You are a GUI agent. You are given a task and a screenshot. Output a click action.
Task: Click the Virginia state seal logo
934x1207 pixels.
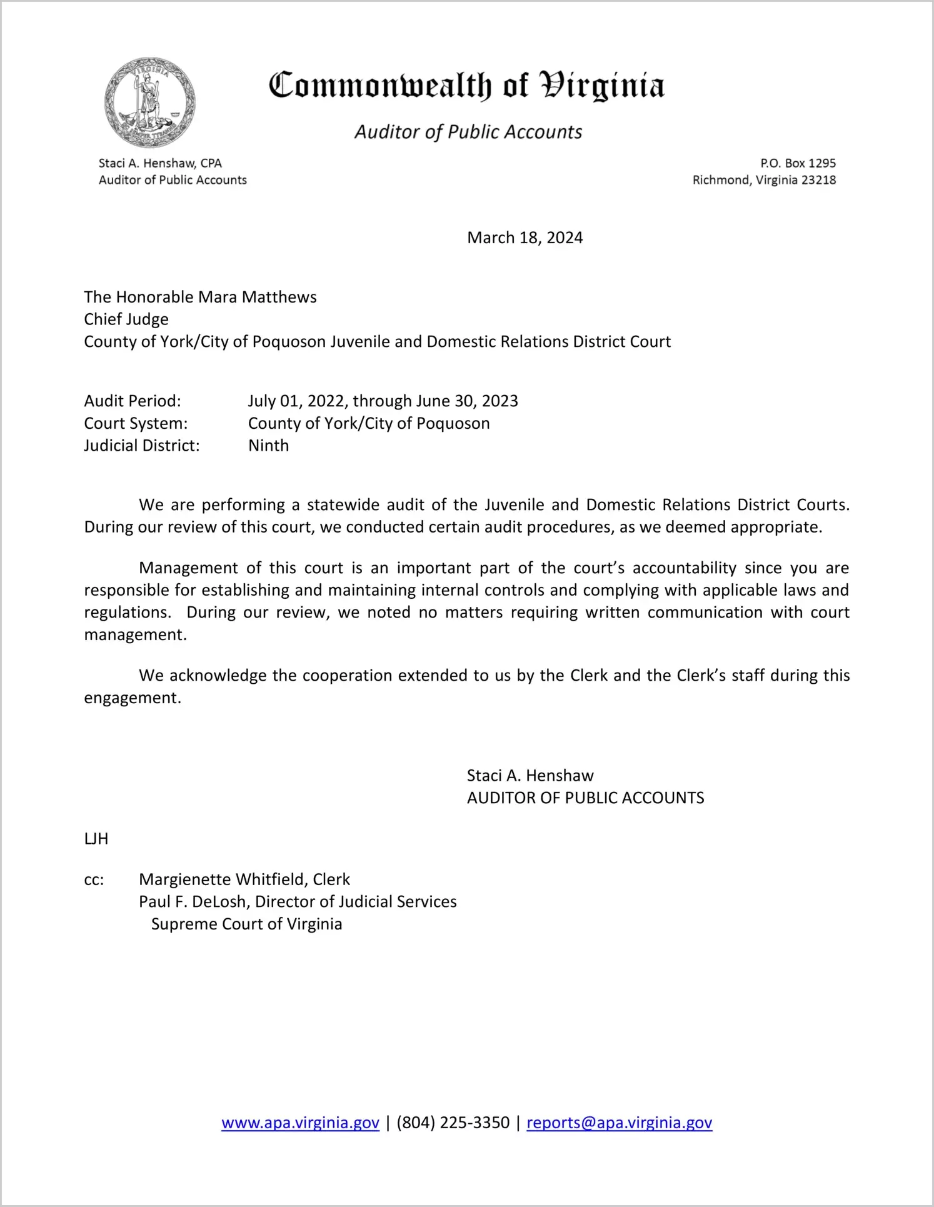(150, 102)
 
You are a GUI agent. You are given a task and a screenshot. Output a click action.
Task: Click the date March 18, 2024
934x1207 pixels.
(525, 238)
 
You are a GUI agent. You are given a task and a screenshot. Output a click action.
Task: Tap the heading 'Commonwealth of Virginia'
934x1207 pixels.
(466, 86)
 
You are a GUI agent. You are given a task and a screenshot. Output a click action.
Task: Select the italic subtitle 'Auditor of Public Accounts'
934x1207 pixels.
(468, 132)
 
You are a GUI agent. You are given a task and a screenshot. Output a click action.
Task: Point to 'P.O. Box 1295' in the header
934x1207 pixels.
(798, 163)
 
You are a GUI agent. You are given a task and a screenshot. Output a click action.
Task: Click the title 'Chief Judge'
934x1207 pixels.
(126, 319)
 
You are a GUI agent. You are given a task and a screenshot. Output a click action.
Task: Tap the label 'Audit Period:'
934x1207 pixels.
(133, 401)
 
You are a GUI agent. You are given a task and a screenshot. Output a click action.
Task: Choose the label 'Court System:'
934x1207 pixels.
(136, 423)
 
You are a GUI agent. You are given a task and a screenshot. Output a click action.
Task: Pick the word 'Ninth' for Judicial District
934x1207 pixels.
(268, 446)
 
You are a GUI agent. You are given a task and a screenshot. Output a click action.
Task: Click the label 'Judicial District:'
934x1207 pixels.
(142, 446)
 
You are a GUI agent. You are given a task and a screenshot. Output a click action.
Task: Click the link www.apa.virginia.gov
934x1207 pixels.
(300, 1123)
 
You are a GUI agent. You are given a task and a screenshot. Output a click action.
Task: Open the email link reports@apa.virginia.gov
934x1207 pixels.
(619, 1123)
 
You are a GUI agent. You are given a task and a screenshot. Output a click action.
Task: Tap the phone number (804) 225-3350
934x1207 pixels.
(453, 1123)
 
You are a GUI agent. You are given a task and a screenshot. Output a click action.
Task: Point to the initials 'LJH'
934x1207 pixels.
(96, 839)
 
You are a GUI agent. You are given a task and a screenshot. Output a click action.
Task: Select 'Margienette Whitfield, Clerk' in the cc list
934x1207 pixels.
(244, 879)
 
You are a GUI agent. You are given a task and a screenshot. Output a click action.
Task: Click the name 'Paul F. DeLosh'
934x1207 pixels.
(192, 902)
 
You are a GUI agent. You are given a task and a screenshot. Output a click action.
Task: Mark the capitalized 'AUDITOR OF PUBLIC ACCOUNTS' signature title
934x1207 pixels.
(585, 798)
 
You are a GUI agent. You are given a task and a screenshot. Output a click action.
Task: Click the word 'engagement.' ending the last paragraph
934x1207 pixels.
(133, 698)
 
